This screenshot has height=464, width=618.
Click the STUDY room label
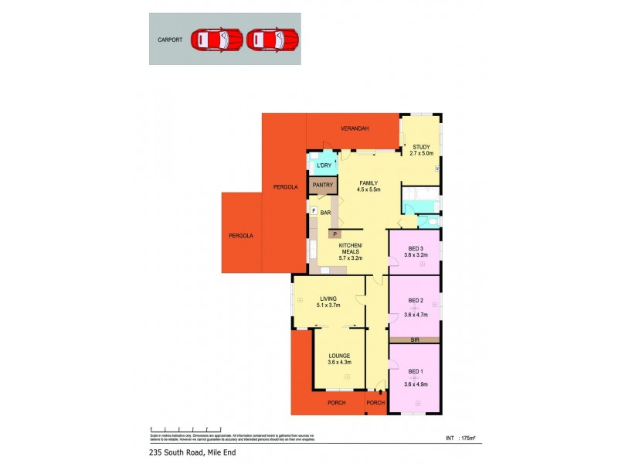[421, 147]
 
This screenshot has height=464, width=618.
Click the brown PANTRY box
[324, 185]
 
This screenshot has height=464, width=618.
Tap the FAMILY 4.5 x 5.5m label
[368, 186]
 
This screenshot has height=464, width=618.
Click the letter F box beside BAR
[314, 210]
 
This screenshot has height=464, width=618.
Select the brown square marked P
[335, 234]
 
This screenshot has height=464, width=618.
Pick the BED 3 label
[416, 248]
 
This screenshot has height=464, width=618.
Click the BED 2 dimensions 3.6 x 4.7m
[416, 315]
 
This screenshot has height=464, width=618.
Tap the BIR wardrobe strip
[415, 339]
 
